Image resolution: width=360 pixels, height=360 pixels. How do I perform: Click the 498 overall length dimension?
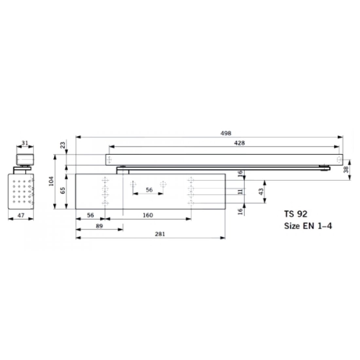tap(226, 133)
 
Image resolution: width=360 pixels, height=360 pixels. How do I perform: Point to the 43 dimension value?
tap(261, 192)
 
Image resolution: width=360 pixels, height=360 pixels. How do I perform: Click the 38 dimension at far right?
tap(354, 169)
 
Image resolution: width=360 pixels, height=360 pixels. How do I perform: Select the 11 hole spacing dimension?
tap(241, 192)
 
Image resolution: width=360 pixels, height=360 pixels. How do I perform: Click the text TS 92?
tap(296, 214)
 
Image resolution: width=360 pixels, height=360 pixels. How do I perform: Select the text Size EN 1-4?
tap(308, 226)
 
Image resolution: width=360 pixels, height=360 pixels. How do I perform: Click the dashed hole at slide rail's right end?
tap(339, 160)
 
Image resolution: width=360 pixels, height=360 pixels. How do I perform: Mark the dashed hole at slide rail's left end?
tap(110, 160)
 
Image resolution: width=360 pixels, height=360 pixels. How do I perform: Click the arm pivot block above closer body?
tap(122, 169)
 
